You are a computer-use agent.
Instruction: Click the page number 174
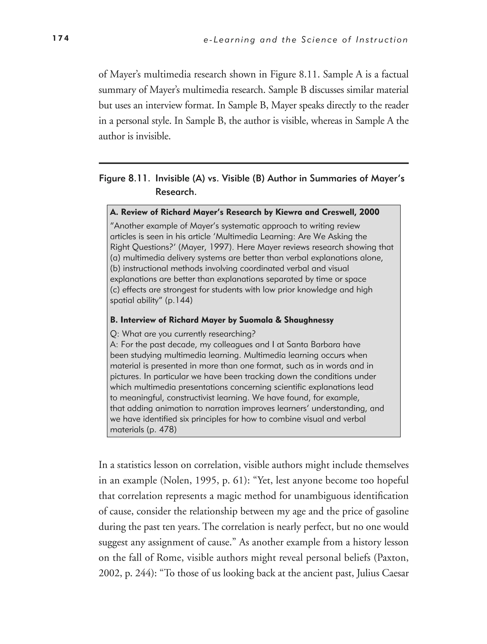pyautogui.click(x=60, y=38)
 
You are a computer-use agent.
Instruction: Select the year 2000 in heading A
pyautogui.click(x=369, y=212)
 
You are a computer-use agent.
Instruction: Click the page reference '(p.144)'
pyautogui.click(x=179, y=300)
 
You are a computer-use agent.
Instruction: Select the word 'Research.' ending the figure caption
pyautogui.click(x=176, y=192)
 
